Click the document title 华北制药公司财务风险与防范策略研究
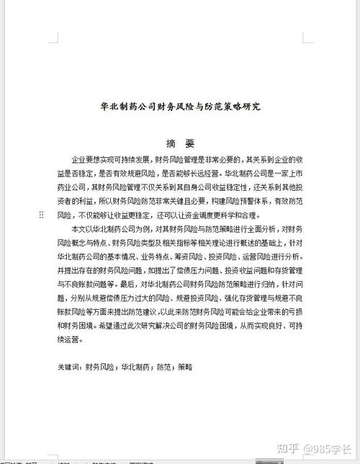181,106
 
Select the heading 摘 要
180,143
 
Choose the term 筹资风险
189,256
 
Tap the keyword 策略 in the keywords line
185,367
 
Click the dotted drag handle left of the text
41,215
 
